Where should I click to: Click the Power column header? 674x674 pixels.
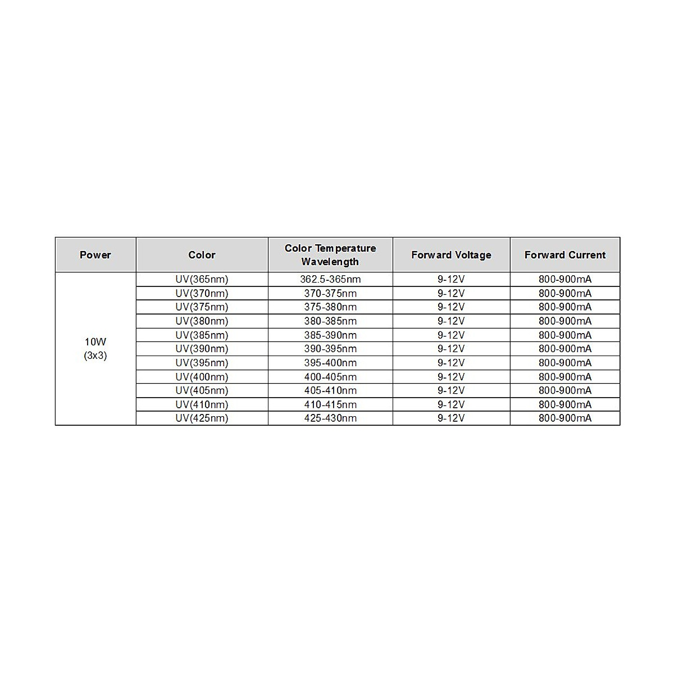(x=95, y=255)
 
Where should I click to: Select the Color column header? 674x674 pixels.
(x=202, y=255)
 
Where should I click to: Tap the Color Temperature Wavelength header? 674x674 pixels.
(x=330, y=255)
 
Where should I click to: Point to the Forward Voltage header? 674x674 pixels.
(x=451, y=255)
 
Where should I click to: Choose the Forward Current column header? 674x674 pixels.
(x=565, y=255)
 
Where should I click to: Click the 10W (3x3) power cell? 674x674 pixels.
(x=95, y=349)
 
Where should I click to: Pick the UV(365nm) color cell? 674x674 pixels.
(x=202, y=279)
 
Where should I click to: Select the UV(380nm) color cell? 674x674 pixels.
(x=202, y=321)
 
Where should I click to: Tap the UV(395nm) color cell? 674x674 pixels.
(x=202, y=363)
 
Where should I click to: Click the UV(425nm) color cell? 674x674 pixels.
(x=202, y=418)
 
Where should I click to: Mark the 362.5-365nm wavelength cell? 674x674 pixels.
(x=330, y=279)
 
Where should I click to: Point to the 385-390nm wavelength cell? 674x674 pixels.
(x=330, y=335)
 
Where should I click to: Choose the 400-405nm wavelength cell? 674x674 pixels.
(x=330, y=377)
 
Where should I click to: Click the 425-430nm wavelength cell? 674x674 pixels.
(x=330, y=418)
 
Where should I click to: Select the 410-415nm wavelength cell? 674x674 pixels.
(x=330, y=404)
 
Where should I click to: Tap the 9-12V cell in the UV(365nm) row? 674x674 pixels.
(x=451, y=279)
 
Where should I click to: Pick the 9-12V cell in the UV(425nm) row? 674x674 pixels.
(x=451, y=418)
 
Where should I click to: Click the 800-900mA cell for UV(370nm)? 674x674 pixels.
(x=565, y=293)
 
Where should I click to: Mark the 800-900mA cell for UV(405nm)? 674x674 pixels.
(x=565, y=390)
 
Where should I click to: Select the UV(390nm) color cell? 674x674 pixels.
(x=202, y=349)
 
